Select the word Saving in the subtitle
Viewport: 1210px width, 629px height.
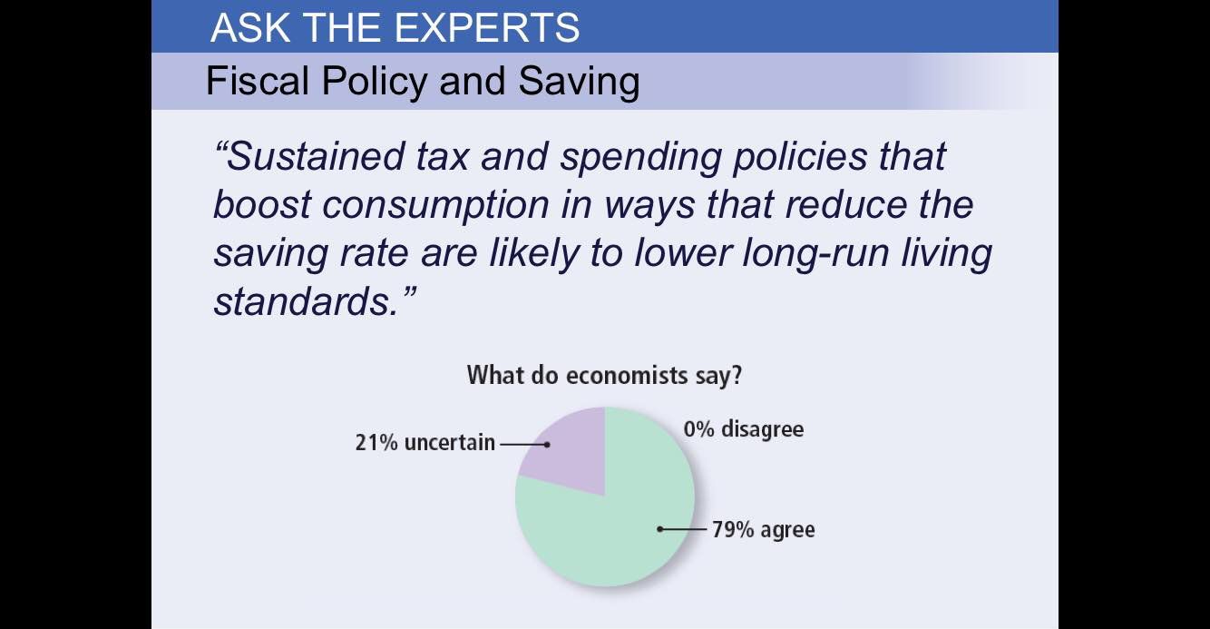tap(579, 82)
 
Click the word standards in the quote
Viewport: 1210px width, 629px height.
tap(303, 302)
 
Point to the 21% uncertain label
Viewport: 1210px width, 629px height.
tap(425, 443)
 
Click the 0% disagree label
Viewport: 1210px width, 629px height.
tap(744, 428)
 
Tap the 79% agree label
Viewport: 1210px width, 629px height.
tap(763, 529)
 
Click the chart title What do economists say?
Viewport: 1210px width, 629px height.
tap(604, 375)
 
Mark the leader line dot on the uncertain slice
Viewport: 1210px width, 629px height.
tap(547, 444)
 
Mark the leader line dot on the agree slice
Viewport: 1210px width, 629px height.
tap(660, 528)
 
